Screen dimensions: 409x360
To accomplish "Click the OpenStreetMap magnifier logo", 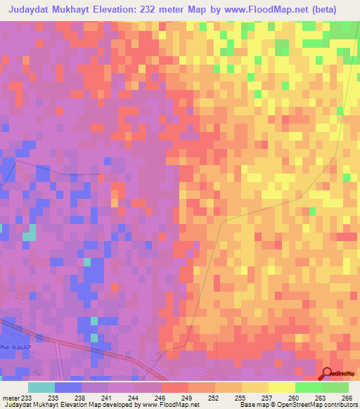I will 327,375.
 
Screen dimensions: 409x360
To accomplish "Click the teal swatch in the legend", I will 41,387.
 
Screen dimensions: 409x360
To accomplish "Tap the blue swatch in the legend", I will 68,387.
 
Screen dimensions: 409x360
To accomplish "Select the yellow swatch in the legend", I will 281,387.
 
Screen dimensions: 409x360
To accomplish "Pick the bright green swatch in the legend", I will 308,387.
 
